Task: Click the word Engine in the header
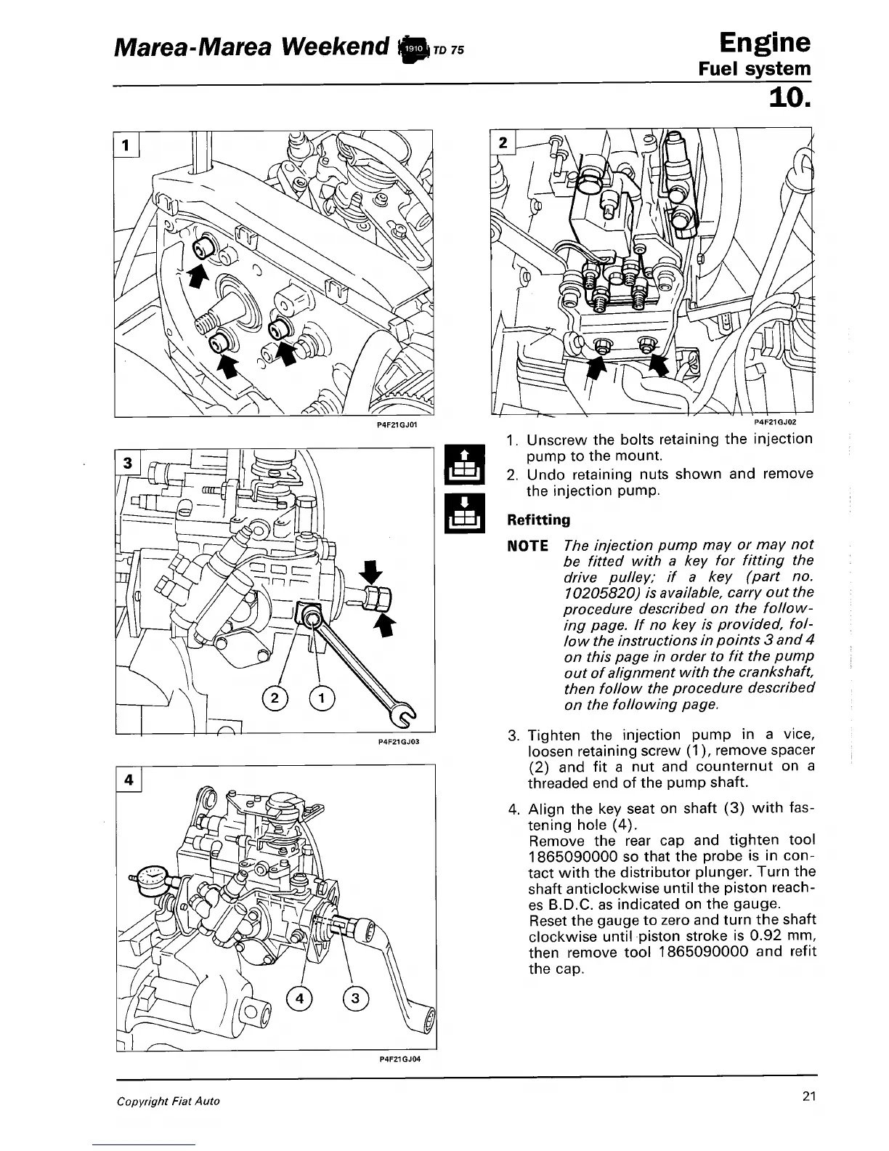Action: (x=764, y=42)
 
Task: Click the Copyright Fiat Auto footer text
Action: (x=169, y=1101)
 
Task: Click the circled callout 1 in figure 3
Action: (x=321, y=698)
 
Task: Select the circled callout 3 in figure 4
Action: (x=355, y=998)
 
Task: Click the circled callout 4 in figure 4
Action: (x=299, y=998)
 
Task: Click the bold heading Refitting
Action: (x=538, y=520)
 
